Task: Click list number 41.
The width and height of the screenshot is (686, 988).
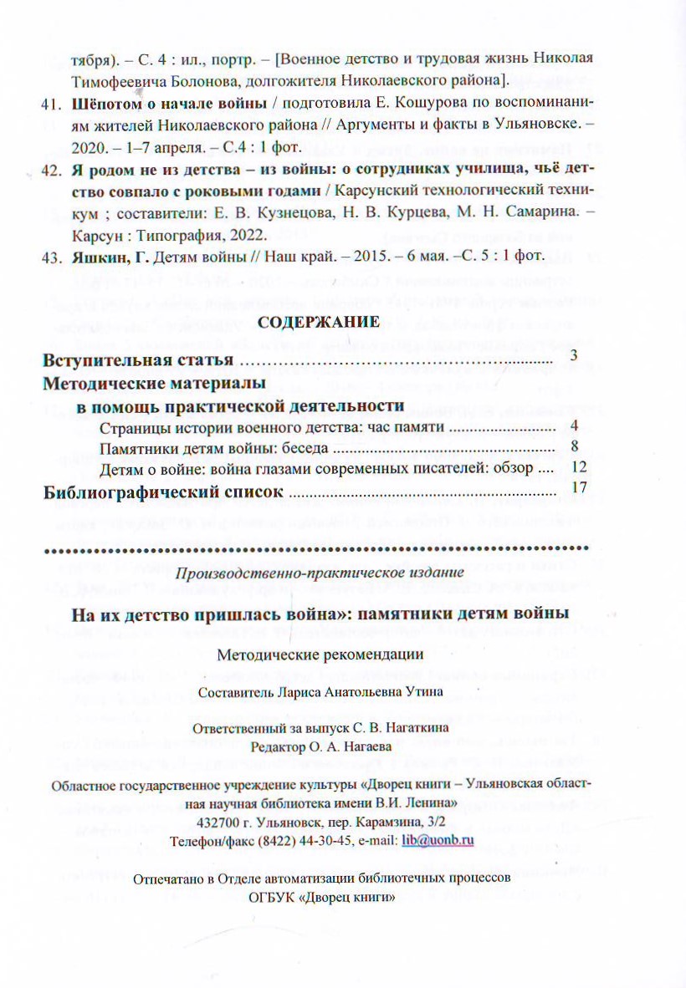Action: point(51,105)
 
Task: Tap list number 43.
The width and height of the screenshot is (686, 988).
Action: point(51,254)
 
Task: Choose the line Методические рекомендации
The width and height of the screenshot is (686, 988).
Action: point(320,654)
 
